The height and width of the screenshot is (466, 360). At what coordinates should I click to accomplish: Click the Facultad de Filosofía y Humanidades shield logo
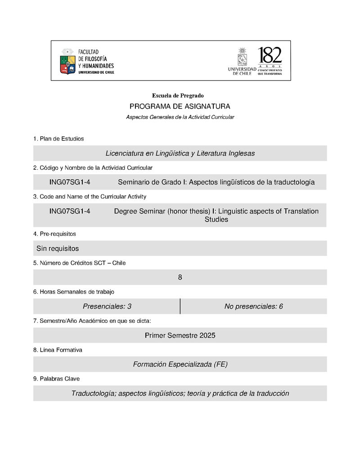[x=67, y=62]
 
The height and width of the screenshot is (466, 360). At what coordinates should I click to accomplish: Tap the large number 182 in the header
[x=270, y=56]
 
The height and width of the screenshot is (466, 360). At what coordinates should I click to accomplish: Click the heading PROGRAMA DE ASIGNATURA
[x=180, y=107]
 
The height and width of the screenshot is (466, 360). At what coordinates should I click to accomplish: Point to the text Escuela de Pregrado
[x=178, y=95]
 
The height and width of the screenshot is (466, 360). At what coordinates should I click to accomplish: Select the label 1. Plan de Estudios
[x=58, y=139]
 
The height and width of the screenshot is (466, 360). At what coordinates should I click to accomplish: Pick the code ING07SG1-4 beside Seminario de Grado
[x=70, y=182]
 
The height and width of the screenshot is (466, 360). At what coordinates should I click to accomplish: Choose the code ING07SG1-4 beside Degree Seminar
[x=70, y=211]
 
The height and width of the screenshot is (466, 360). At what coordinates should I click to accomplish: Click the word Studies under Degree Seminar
[x=216, y=220]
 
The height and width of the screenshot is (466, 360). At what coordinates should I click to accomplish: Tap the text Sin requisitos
[x=58, y=249]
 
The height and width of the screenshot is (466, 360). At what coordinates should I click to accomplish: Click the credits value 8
[x=180, y=277]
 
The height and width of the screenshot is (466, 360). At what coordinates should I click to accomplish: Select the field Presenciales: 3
[x=107, y=307]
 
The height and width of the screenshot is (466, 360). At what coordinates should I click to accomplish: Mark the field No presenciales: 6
[x=253, y=307]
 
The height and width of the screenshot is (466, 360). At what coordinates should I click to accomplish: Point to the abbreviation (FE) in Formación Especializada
[x=220, y=364]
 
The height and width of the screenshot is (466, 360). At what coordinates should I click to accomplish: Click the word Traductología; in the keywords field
[x=94, y=394]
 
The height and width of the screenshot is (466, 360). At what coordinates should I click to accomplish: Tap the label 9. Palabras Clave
[x=56, y=379]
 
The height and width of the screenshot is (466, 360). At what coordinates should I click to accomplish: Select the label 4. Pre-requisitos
[x=54, y=234]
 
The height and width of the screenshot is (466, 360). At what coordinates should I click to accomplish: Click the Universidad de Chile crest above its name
[x=242, y=57]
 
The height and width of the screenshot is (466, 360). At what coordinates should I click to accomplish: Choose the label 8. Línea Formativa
[x=58, y=350]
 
